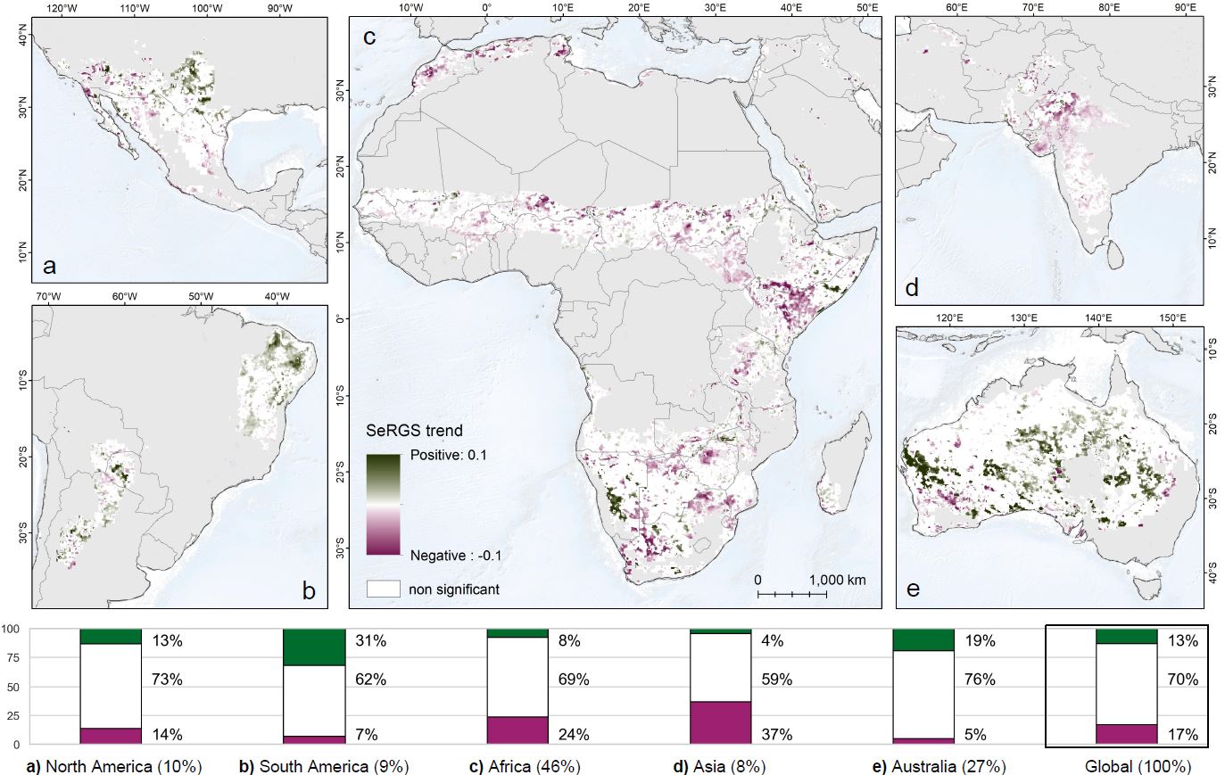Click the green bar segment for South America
(x=313, y=647)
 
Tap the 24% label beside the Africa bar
(x=575, y=735)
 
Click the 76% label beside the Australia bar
(x=980, y=680)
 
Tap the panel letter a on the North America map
(x=49, y=265)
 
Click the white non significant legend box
(x=383, y=589)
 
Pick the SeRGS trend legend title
(x=414, y=431)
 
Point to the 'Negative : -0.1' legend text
(x=455, y=556)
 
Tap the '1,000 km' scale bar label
(x=837, y=580)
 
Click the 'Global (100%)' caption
(x=1138, y=766)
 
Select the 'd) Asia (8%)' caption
(x=721, y=766)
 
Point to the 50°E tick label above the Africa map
(x=866, y=8)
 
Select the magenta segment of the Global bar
(x=1126, y=734)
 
